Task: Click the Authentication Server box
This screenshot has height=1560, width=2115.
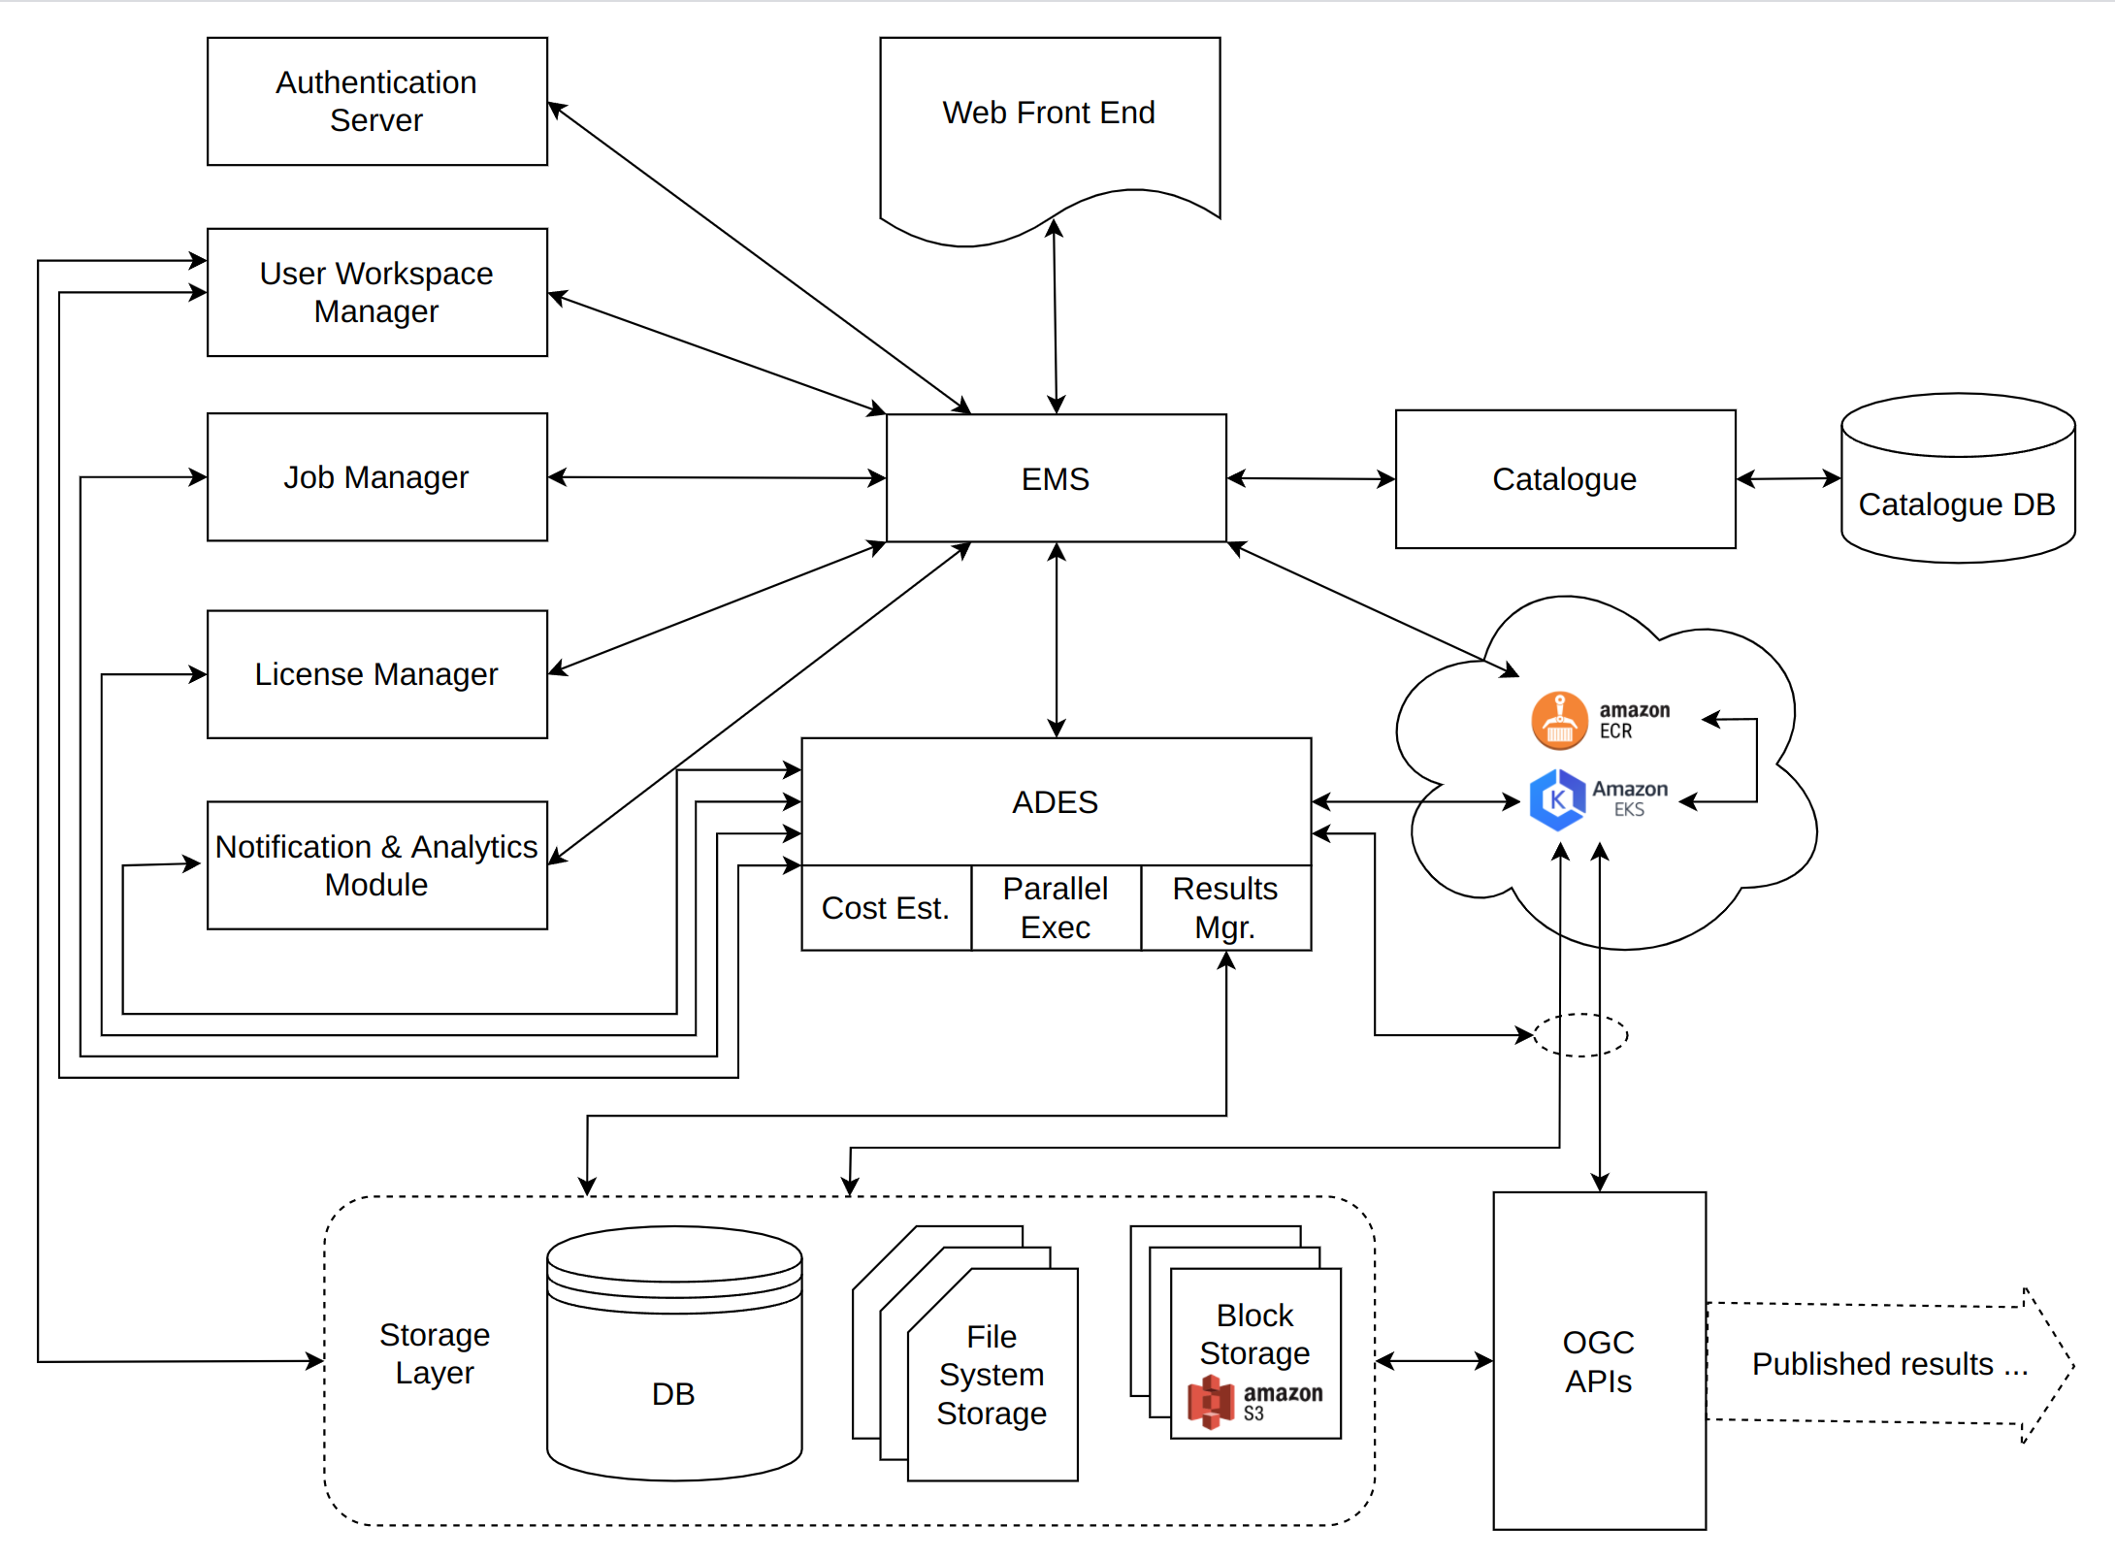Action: click(x=377, y=102)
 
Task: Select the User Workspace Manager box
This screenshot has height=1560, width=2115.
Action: click(x=377, y=293)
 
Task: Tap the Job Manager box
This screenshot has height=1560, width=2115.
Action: click(x=377, y=477)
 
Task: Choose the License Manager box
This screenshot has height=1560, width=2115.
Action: click(x=377, y=674)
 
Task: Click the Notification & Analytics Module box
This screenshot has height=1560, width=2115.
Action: click(x=377, y=865)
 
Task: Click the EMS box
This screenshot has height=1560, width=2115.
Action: click(x=1057, y=478)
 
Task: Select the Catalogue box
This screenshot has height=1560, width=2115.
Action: click(x=1566, y=479)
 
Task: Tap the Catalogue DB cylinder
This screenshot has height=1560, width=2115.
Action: click(x=1958, y=478)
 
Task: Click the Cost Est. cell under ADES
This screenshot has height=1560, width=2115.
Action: click(x=887, y=908)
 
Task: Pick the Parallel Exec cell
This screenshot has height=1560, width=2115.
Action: click(x=1057, y=908)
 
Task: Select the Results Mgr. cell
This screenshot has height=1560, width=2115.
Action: click(x=1226, y=908)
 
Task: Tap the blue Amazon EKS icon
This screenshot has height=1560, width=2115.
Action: click(x=1558, y=800)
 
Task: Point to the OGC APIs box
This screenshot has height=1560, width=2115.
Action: click(x=1600, y=1361)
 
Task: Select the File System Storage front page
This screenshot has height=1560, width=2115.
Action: click(x=992, y=1375)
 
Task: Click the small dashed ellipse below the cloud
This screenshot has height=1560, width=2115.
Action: click(x=1580, y=1035)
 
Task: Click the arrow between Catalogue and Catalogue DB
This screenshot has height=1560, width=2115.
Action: click(x=1789, y=478)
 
